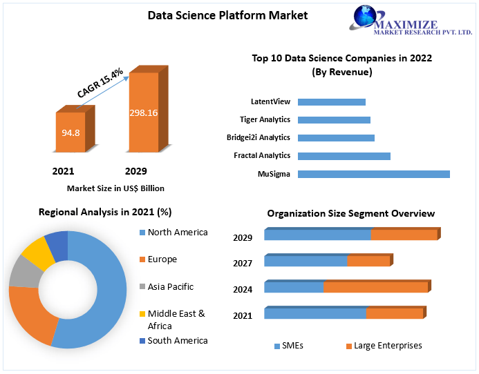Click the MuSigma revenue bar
373,174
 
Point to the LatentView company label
271,102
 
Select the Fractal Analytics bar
344,156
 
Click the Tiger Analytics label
266,120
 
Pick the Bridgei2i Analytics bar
336,138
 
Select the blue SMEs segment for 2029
317,235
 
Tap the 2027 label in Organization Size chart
243,263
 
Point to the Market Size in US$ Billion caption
115,188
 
